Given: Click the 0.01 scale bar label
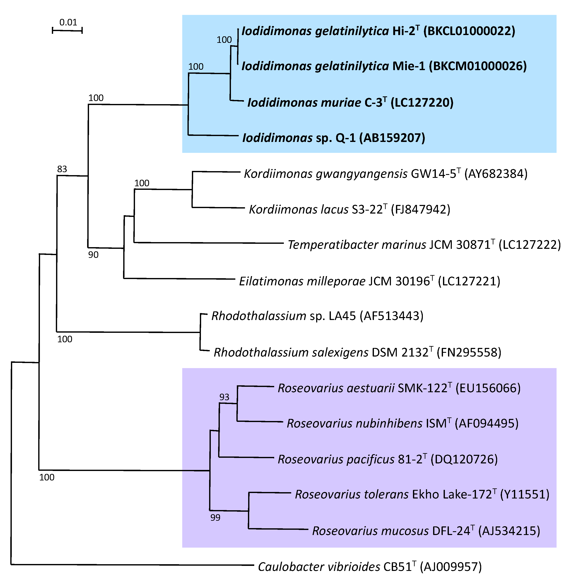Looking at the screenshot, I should pyautogui.click(x=68, y=22).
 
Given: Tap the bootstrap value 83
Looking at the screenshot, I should pyautogui.click(x=62, y=169).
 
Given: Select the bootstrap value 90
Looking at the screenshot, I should pyautogui.click(x=93, y=255).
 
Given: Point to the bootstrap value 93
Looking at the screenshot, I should pyautogui.click(x=224, y=397).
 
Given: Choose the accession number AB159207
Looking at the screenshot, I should pyautogui.click(x=392, y=138).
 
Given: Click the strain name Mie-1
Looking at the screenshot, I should pyautogui.click(x=409, y=66).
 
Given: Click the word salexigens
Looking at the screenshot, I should pyautogui.click(x=340, y=353).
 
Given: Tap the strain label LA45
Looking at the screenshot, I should pyautogui.click(x=342, y=316).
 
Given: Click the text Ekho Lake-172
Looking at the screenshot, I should pyautogui.click(x=452, y=494).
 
